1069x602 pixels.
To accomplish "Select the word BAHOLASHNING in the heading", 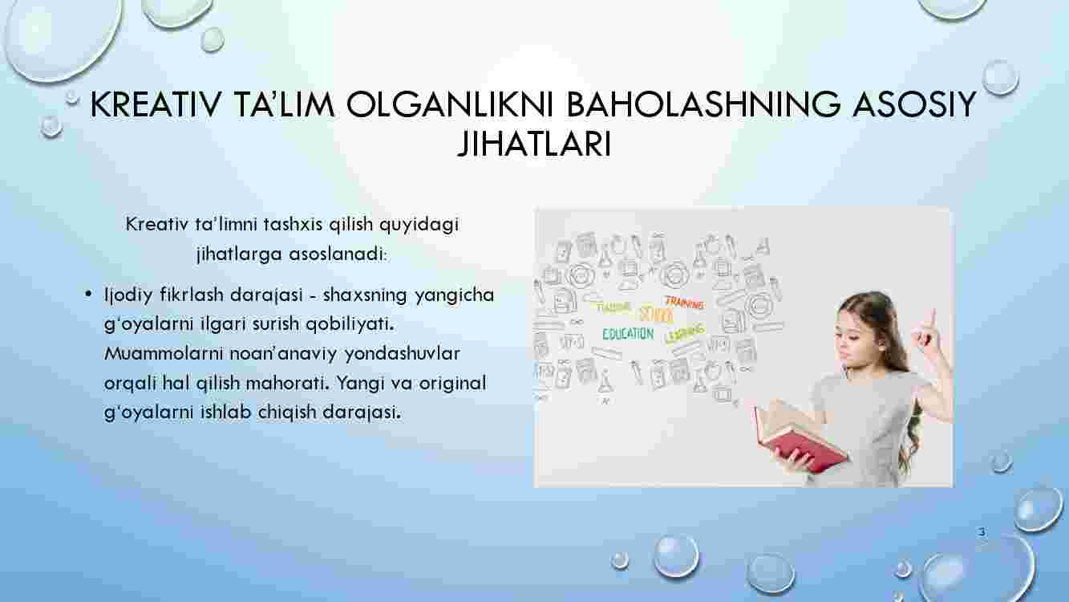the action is click(703, 104).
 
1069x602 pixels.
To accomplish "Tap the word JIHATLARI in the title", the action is click(534, 144).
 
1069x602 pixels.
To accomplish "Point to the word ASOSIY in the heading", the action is click(913, 104).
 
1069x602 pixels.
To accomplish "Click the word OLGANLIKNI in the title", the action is click(450, 104).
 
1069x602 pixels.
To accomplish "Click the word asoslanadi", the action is click(338, 254).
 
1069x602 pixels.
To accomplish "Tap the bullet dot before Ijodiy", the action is click(87, 294).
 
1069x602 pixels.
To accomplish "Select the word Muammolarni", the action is click(164, 353).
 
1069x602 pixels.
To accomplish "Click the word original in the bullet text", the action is click(452, 384).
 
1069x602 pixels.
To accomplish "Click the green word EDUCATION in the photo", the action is click(628, 334).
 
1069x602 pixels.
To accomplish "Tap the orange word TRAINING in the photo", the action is click(685, 303).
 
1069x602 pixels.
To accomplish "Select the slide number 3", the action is click(982, 531).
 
